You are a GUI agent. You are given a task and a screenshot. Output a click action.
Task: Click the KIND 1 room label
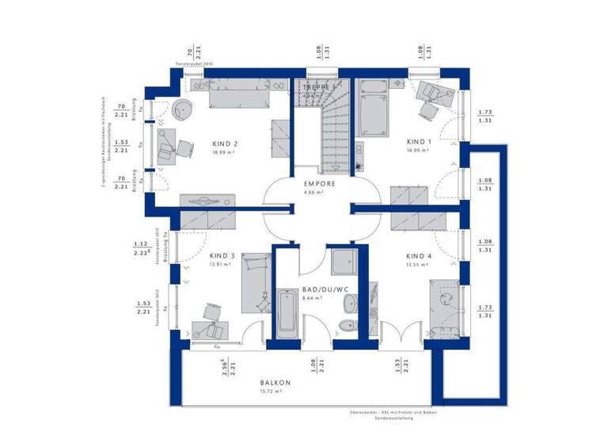point(419,142)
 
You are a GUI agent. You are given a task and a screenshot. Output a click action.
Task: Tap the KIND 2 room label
point(225,144)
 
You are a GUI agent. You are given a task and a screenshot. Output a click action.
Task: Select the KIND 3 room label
point(222,256)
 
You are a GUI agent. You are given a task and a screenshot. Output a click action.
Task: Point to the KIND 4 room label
point(419,256)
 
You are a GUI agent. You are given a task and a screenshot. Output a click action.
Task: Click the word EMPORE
point(320,183)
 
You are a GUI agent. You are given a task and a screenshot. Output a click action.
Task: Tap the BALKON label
point(275,382)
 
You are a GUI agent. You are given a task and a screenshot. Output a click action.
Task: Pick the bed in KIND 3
point(256,282)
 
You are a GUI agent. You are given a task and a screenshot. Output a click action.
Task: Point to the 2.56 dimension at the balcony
point(225,366)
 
